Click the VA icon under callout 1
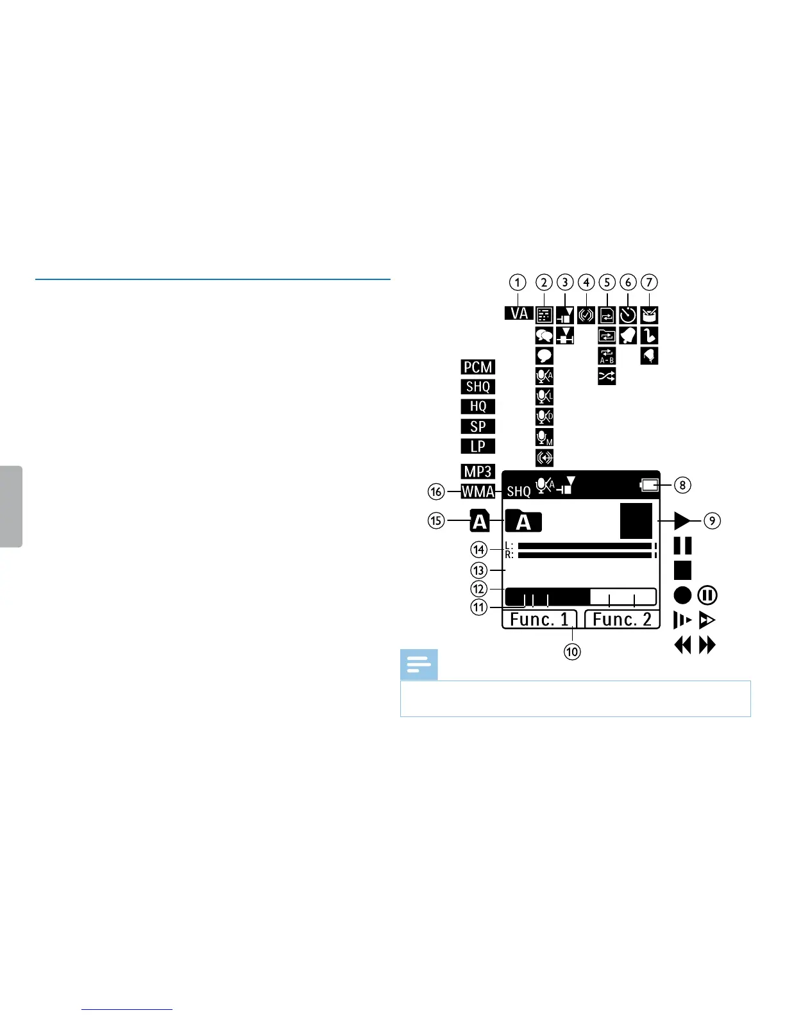tap(518, 313)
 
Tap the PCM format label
tap(478, 367)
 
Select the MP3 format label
tap(478, 472)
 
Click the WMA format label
tap(478, 492)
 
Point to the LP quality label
tap(478, 447)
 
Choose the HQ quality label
tap(478, 406)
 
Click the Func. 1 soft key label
tap(539, 620)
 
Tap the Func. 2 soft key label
tap(622, 620)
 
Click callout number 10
tap(572, 652)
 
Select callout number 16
tap(437, 492)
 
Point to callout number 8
tap(682, 485)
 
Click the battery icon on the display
tap(650, 486)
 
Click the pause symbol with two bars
tap(682, 546)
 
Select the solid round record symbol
tap(683, 595)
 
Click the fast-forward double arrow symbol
tap(707, 645)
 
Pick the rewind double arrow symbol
tap(683, 645)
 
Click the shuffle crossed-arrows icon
tap(607, 377)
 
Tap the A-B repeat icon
tap(607, 356)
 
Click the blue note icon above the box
tap(419, 665)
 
